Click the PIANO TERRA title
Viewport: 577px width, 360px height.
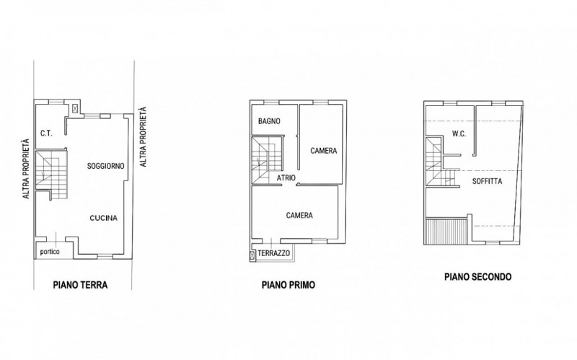pyautogui.click(x=80, y=285)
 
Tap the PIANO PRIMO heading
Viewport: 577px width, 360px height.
pyautogui.click(x=288, y=285)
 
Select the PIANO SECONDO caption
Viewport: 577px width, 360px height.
pyautogui.click(x=477, y=277)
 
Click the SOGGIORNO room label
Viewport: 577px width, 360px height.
pyautogui.click(x=105, y=166)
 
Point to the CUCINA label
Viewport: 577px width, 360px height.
pyautogui.click(x=104, y=218)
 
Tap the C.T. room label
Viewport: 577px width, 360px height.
pyautogui.click(x=46, y=133)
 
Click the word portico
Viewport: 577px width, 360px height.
pyautogui.click(x=50, y=253)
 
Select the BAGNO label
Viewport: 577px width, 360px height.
pyautogui.click(x=269, y=121)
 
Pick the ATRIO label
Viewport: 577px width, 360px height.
pyautogui.click(x=286, y=177)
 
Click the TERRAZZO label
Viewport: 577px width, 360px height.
pyautogui.click(x=274, y=253)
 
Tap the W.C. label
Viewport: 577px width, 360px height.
pyautogui.click(x=459, y=133)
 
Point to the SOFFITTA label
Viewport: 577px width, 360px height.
pyautogui.click(x=488, y=181)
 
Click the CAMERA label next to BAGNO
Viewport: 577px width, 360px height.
pyautogui.click(x=323, y=151)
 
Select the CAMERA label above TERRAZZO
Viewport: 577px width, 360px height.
pyautogui.click(x=299, y=215)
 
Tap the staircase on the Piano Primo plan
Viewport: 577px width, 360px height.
pyautogui.click(x=267, y=159)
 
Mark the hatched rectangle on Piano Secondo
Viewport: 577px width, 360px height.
pyautogui.click(x=446, y=231)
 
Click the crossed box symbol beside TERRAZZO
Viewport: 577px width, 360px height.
pyautogui.click(x=252, y=255)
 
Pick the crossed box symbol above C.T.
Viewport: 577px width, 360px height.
pyautogui.click(x=75, y=108)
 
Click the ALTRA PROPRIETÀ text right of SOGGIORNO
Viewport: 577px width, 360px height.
pyautogui.click(x=143, y=137)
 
